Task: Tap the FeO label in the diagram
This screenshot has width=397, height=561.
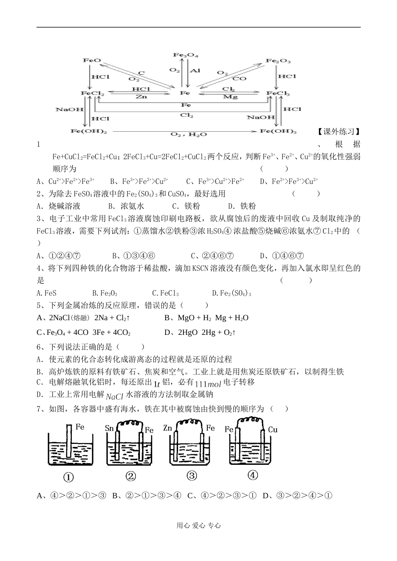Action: pyautogui.click(x=92, y=60)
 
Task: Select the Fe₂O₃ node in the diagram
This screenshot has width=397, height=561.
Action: pyautogui.click(x=278, y=61)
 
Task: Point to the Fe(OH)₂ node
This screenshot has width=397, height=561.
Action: pyautogui.click(x=89, y=132)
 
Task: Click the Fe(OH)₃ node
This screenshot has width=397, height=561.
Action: pyautogui.click(x=278, y=132)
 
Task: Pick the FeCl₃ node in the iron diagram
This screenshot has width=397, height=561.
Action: pyautogui.click(x=278, y=93)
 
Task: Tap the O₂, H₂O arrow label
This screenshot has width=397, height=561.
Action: pyautogui.click(x=183, y=134)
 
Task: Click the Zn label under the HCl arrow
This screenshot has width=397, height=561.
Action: pyautogui.click(x=141, y=97)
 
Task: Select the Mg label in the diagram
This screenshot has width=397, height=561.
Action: pyautogui.click(x=230, y=97)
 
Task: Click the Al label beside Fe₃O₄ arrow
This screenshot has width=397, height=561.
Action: pyautogui.click(x=195, y=71)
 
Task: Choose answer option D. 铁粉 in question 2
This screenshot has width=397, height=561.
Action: pyautogui.click(x=242, y=206)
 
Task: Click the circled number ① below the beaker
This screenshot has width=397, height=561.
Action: pyautogui.click(x=68, y=477)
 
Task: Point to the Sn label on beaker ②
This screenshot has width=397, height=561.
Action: pyautogui.click(x=109, y=429)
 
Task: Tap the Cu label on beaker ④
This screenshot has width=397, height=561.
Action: pyautogui.click(x=272, y=429)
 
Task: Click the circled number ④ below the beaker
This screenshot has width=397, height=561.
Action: pyautogui.click(x=252, y=475)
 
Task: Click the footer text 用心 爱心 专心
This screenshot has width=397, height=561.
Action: pyautogui.click(x=198, y=525)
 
